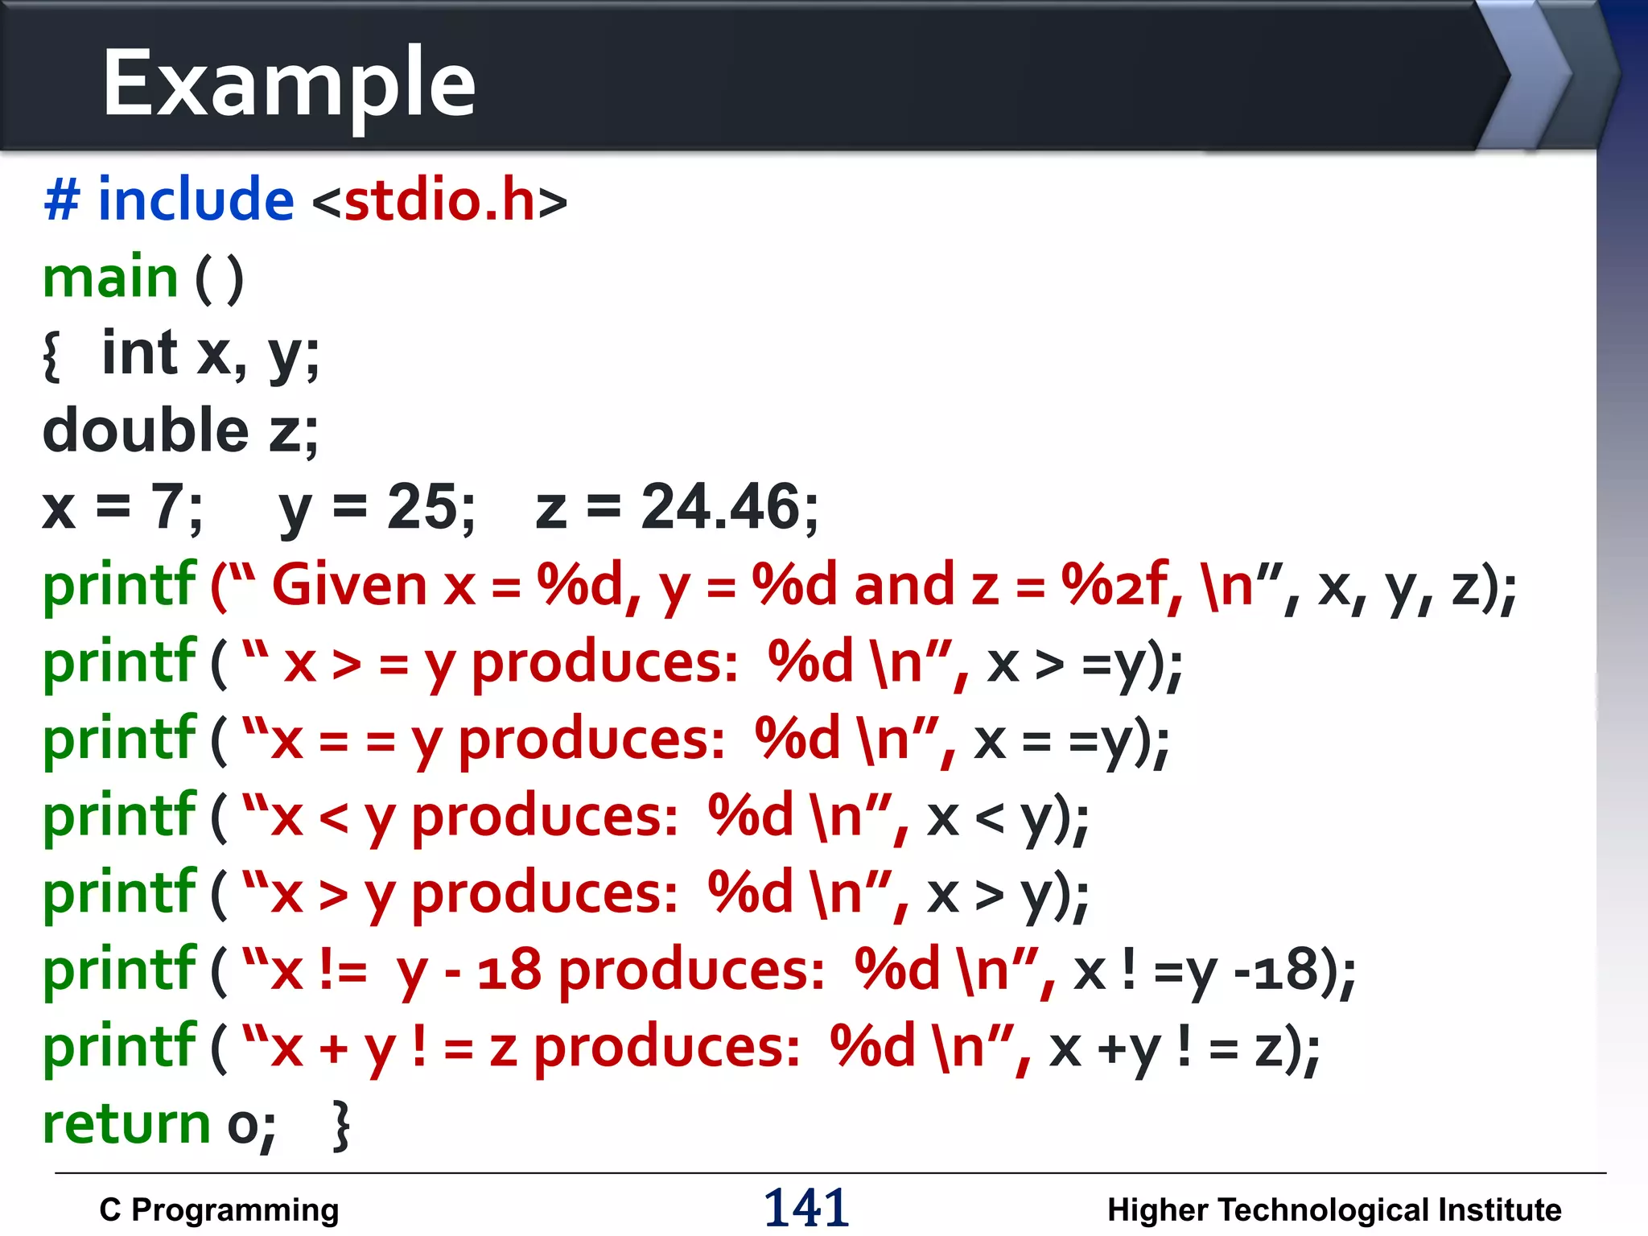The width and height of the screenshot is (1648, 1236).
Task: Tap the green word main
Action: (110, 278)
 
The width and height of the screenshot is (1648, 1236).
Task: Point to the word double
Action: (146, 430)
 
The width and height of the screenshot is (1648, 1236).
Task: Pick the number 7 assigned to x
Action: (167, 507)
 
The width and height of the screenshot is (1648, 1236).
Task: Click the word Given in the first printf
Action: (349, 585)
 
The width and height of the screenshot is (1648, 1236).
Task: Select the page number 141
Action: (805, 1208)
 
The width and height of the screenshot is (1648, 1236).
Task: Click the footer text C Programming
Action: (219, 1210)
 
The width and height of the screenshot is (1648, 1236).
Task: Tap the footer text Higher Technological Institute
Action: (1333, 1210)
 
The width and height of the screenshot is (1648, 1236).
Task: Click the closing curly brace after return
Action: (342, 1126)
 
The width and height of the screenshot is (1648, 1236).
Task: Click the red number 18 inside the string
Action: (509, 970)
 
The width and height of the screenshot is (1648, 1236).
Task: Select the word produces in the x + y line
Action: (666, 1047)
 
